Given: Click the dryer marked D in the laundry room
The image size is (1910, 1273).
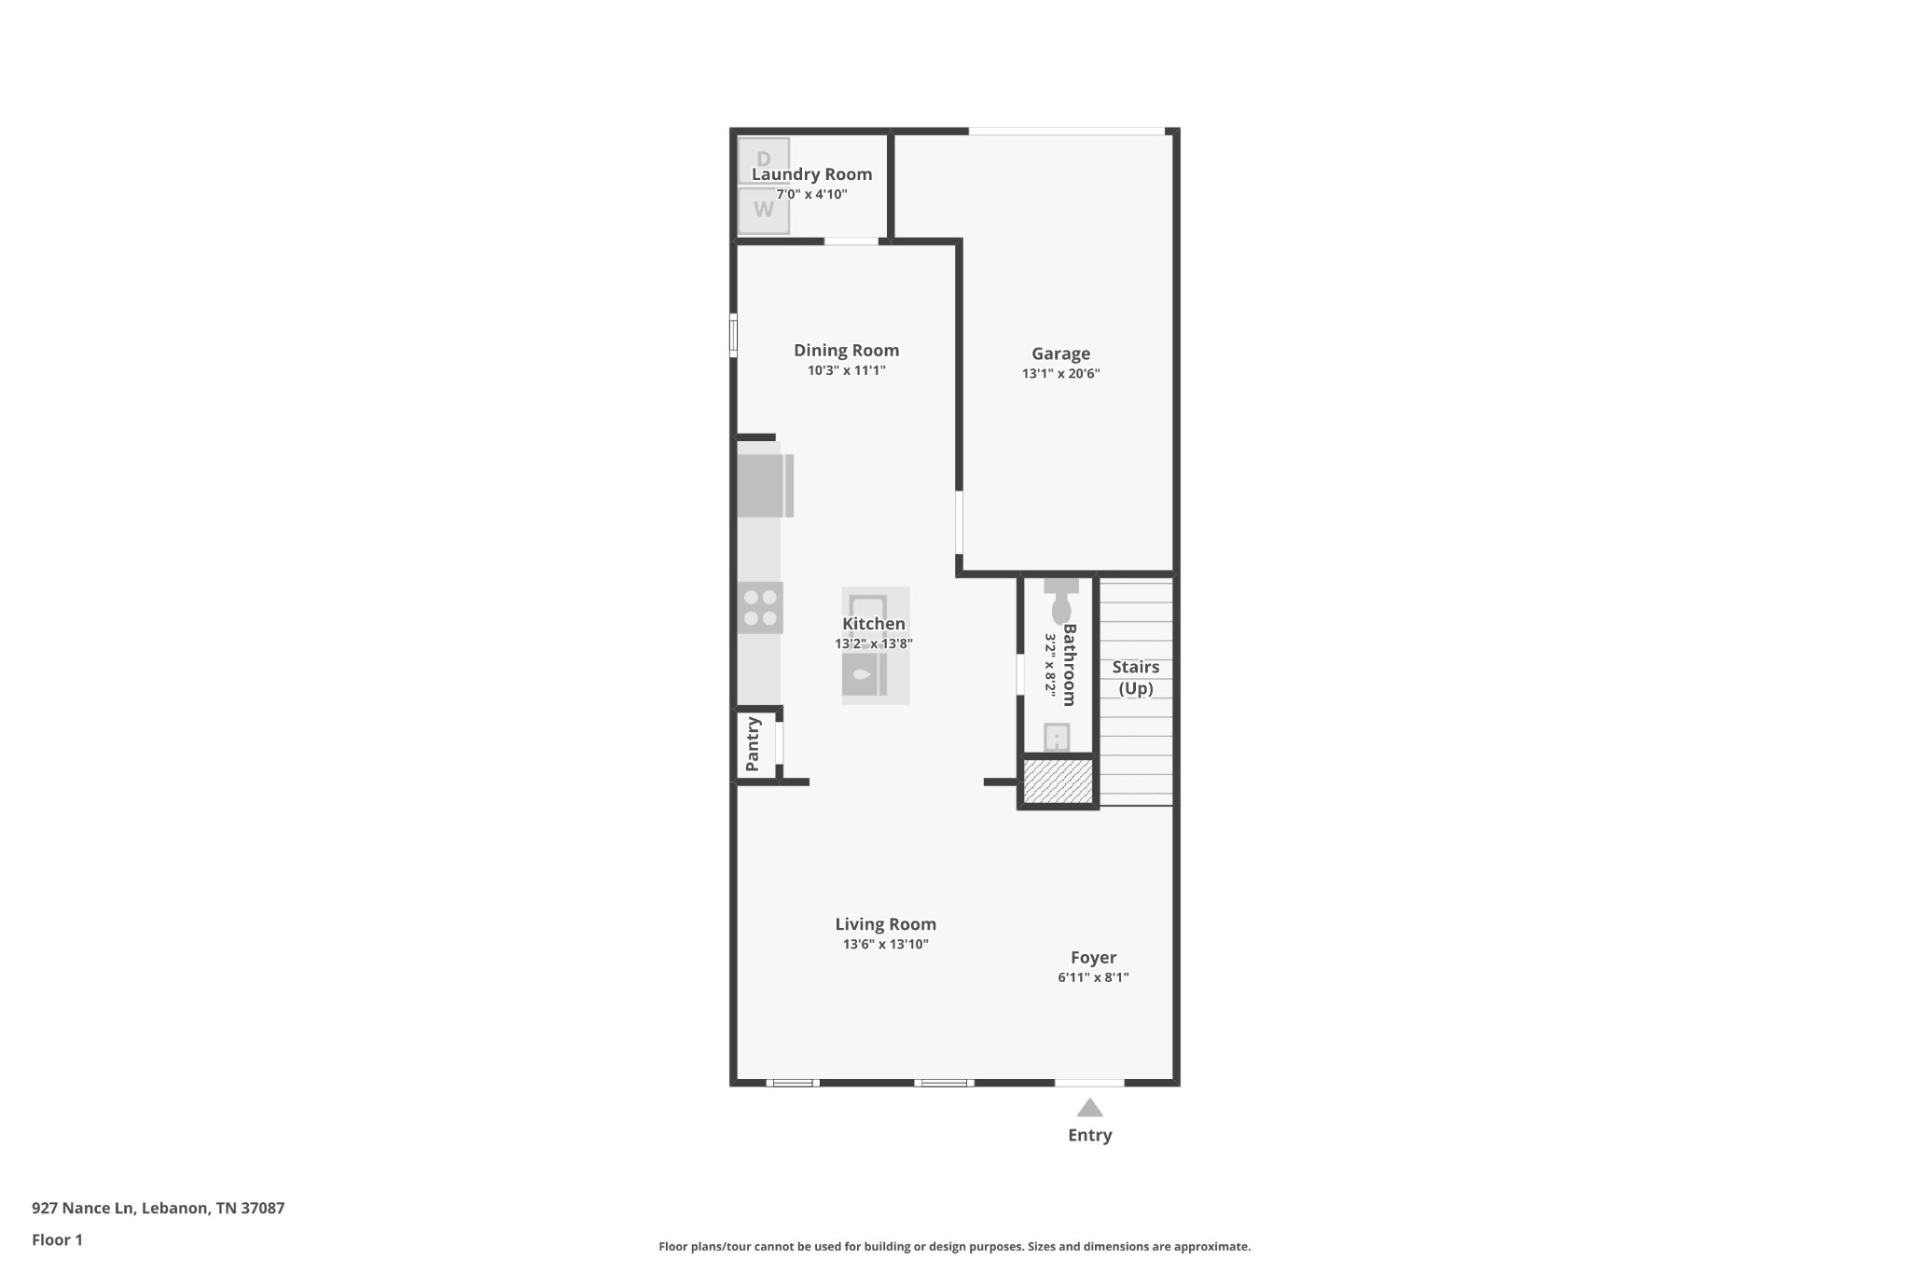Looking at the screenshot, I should click(764, 159).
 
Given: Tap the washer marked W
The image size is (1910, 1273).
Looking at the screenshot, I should click(764, 210).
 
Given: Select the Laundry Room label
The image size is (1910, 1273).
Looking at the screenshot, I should click(811, 174).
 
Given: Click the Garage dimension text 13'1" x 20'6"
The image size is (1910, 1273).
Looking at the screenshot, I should click(1060, 374).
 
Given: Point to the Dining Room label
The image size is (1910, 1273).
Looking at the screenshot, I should click(846, 351).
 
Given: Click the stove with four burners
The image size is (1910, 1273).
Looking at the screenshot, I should click(760, 608).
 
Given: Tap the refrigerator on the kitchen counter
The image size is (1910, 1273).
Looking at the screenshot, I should click(765, 486).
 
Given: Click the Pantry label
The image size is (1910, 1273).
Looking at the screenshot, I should click(753, 743).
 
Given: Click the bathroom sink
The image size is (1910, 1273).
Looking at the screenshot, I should click(1057, 738).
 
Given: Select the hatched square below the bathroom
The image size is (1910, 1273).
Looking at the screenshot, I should click(1058, 781).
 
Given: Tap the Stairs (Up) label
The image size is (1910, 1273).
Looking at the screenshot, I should click(1135, 678).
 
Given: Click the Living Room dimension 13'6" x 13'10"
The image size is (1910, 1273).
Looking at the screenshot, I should click(885, 945).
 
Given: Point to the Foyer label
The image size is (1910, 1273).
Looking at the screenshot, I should click(1093, 958).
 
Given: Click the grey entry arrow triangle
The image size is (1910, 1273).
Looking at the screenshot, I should click(1090, 1108).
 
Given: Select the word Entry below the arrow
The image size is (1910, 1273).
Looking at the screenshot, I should click(1090, 1135).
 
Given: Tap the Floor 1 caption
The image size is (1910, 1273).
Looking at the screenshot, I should click(57, 1240).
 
